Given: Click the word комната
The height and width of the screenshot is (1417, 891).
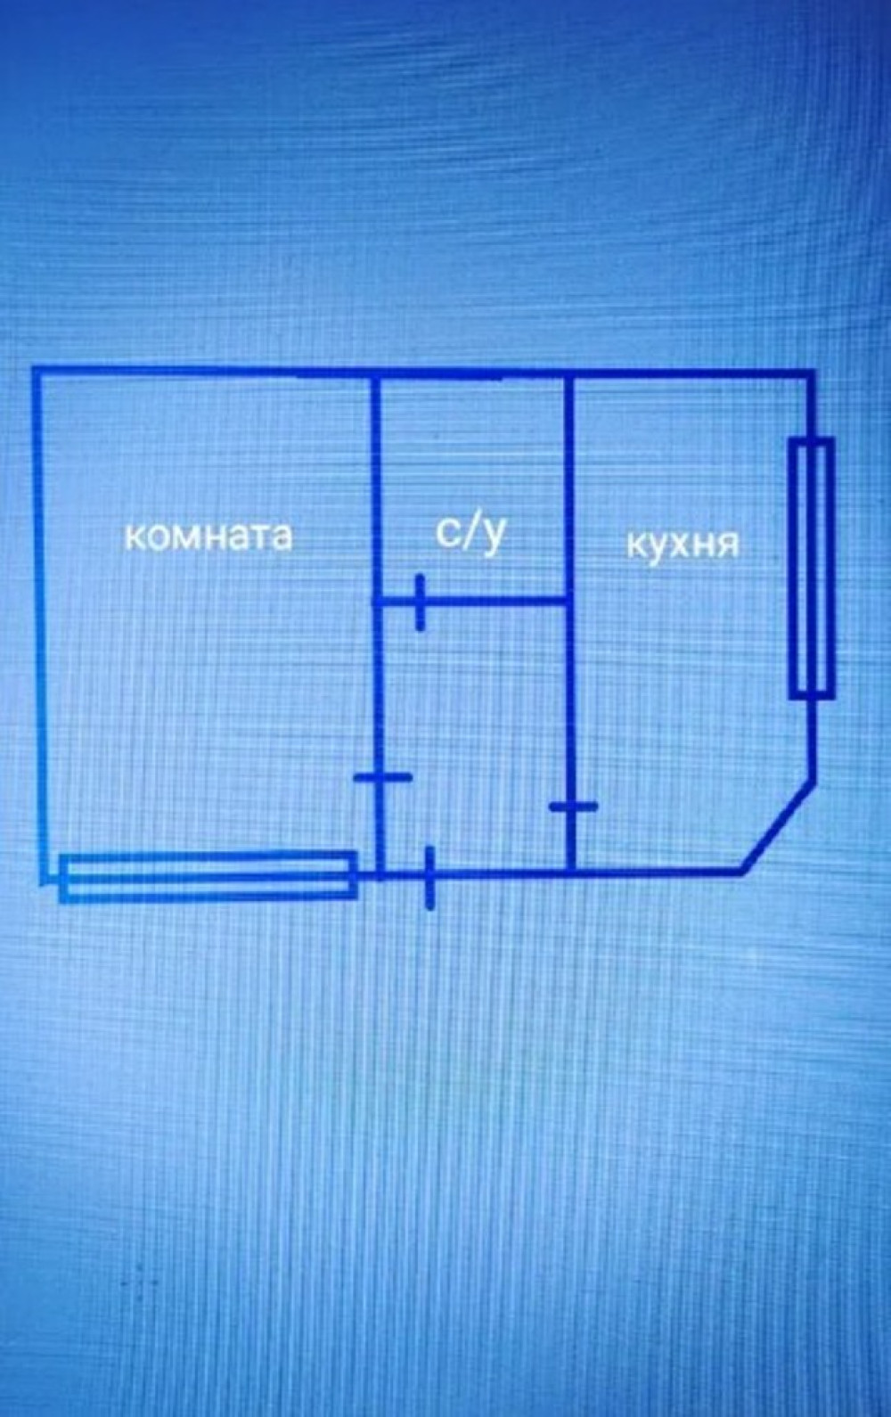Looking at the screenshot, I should pos(207,536).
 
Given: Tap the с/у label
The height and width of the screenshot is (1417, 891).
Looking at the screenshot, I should pos(470,532).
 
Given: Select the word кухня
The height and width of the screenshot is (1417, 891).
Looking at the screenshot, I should pos(683,544).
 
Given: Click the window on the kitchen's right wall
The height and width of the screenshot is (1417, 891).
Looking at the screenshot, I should pos(812,567).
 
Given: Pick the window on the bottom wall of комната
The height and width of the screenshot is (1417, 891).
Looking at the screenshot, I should pos(208,876).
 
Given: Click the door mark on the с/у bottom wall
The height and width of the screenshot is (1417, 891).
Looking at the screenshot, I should pos(420,603).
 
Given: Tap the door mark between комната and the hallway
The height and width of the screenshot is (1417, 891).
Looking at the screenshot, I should pos(382,778).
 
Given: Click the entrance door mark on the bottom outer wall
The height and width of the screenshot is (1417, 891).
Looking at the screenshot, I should pos(429,877).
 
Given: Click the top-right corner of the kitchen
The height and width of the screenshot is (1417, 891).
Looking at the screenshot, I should pos(812,373).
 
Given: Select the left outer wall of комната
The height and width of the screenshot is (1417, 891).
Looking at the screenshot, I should pos(39,624).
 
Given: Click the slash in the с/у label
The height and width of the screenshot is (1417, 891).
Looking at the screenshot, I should pos(470,532).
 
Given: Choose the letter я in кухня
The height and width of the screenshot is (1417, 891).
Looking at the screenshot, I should pos(728,545).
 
